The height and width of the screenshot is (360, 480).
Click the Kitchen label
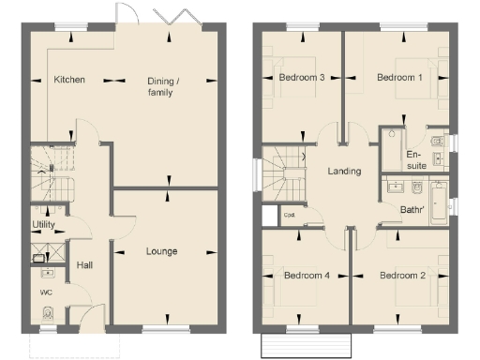tap(69, 80)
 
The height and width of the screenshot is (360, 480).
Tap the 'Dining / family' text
tap(163, 86)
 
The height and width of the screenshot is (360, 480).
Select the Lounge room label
tap(162, 251)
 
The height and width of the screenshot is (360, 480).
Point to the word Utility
tap(43, 226)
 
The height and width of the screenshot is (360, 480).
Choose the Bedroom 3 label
tap(302, 78)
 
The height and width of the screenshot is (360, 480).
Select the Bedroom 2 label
tap(402, 276)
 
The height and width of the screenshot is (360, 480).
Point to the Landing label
tap(344, 172)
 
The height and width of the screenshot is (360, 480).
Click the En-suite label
tap(417, 159)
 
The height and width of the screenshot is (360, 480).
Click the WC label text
tap(45, 292)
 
